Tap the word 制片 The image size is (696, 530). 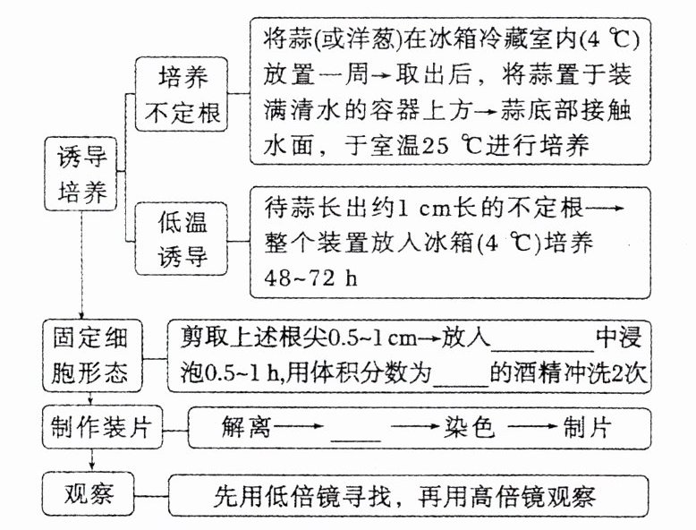tap(588, 428)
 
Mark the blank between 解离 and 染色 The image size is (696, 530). tap(356, 433)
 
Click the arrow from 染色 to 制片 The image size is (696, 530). tap(530, 428)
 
